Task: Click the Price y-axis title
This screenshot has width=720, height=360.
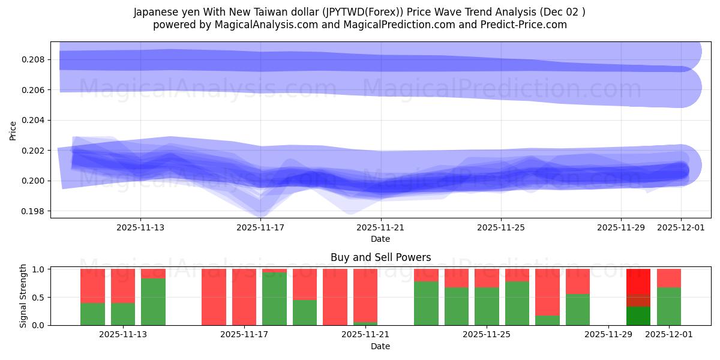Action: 13,130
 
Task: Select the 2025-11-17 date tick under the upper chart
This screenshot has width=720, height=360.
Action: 260,227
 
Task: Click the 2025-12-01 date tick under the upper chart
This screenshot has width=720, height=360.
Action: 680,227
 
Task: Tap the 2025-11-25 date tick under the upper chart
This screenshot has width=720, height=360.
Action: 500,227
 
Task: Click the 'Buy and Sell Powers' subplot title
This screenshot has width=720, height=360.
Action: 380,257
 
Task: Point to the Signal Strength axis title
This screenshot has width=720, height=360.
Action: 24,296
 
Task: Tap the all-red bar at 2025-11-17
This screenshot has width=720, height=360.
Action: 244,297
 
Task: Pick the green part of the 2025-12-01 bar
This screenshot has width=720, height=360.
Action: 668,306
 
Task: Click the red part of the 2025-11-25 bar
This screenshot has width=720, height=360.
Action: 487,278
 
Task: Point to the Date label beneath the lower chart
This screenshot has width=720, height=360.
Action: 380,346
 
